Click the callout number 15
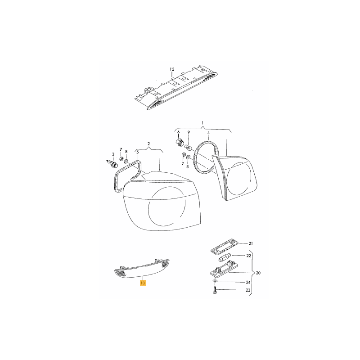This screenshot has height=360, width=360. [x=172, y=69]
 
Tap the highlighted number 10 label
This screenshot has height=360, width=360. [x=143, y=283]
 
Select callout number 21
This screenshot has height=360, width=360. [x=251, y=243]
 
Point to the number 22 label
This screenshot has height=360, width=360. [x=249, y=256]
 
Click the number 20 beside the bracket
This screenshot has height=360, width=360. [x=258, y=273]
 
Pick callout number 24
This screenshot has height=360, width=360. [x=248, y=282]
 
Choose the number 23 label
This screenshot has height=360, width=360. [x=248, y=290]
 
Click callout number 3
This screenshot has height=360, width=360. [x=113, y=154]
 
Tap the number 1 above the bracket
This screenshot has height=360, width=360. [x=202, y=123]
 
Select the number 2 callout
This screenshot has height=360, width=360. [x=148, y=144]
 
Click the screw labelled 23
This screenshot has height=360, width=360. [x=215, y=290]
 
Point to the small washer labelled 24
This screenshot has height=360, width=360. [x=215, y=281]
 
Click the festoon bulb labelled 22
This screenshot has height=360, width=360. [x=225, y=257]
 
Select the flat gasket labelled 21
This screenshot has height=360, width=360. [x=225, y=246]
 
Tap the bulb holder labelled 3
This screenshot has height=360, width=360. [x=112, y=163]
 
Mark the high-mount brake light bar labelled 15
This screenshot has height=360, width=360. [x=176, y=88]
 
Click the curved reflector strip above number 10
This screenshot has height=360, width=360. [x=142, y=268]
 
